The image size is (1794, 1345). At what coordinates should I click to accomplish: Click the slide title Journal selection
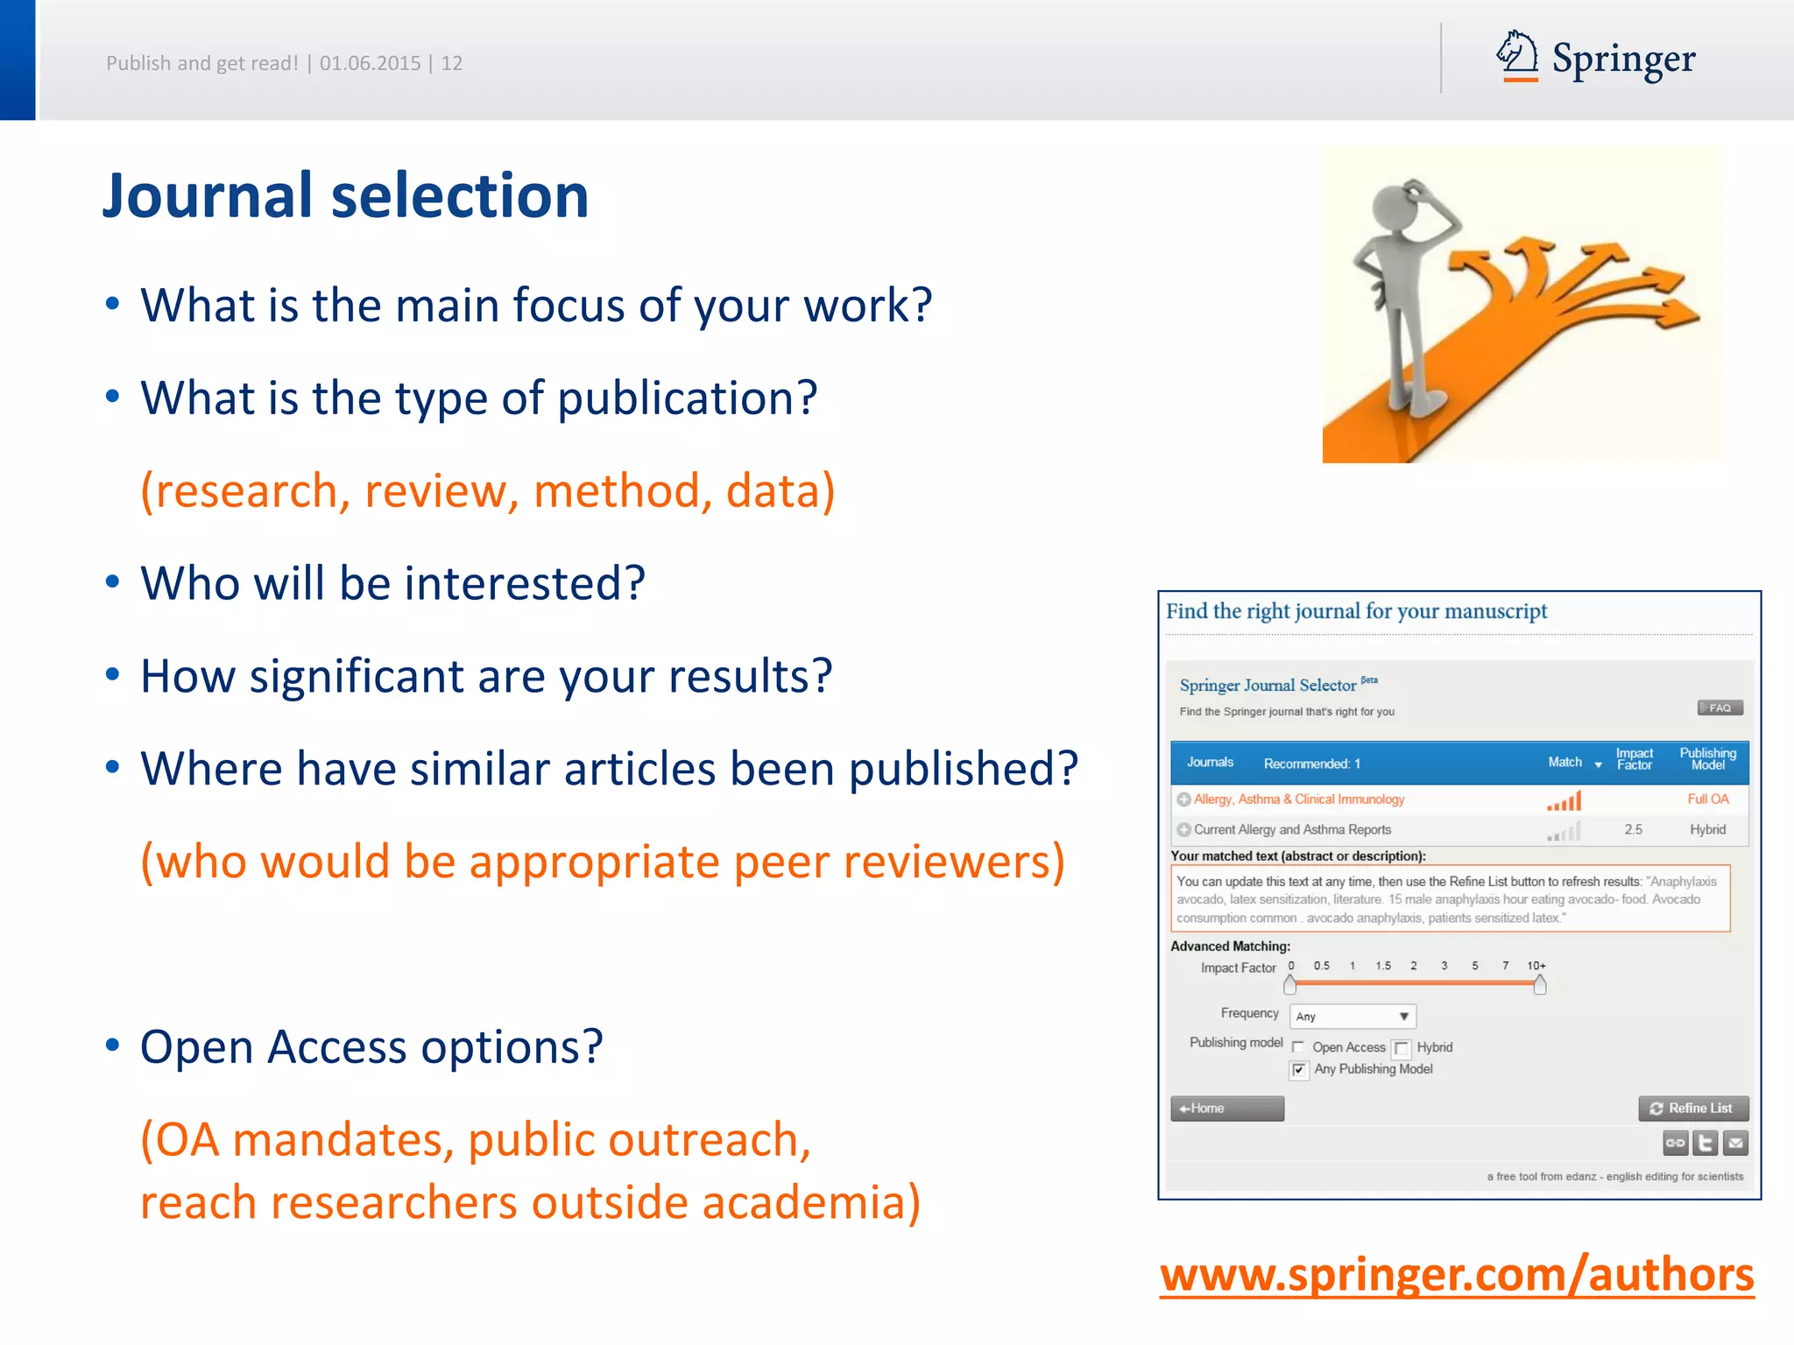[345, 195]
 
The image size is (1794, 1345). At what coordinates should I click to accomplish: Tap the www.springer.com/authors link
[1457, 1274]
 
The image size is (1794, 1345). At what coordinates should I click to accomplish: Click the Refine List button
[1692, 1108]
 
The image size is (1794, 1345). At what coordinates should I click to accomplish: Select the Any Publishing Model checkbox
[1299, 1070]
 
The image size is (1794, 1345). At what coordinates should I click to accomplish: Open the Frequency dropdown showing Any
[1353, 1016]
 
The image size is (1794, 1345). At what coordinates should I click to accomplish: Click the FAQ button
[1720, 708]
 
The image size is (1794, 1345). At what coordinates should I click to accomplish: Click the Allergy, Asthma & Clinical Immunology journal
[1298, 799]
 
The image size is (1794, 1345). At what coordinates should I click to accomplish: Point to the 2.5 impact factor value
[1633, 829]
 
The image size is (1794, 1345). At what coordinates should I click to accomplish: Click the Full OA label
[1707, 799]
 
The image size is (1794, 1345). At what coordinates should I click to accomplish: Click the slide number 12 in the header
[451, 63]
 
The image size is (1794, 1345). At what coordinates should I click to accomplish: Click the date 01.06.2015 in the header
[370, 63]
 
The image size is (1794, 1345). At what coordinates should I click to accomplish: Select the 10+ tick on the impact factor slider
[1536, 966]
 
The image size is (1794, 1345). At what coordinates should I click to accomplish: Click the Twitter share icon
[1705, 1143]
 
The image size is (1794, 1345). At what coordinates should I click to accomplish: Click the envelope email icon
[1735, 1143]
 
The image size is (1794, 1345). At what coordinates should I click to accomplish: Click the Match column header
[1564, 762]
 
